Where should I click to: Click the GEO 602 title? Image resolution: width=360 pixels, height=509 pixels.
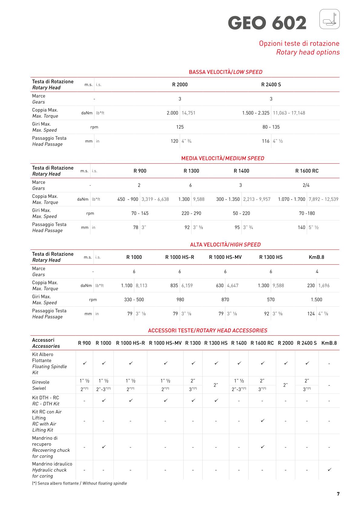(x=267, y=23)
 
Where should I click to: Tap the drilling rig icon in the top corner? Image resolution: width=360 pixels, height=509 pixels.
(x=329, y=19)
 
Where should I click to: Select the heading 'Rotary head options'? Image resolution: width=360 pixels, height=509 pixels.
(x=308, y=52)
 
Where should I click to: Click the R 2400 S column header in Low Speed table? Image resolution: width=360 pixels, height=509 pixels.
(x=271, y=85)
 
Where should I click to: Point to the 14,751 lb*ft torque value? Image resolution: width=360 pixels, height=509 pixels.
(x=188, y=113)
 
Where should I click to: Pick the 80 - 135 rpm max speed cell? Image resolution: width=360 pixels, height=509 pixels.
(x=271, y=127)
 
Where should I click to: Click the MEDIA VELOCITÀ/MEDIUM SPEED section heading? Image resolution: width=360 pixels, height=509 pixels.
(x=223, y=158)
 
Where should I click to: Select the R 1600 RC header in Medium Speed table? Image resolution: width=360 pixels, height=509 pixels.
(x=307, y=171)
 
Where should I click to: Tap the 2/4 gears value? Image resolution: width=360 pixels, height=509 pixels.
(x=306, y=185)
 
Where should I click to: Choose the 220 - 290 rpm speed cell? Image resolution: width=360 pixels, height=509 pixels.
(x=191, y=214)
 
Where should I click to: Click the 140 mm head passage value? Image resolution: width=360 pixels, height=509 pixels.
(x=301, y=227)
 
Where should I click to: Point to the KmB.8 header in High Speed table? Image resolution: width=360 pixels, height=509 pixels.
(x=316, y=257)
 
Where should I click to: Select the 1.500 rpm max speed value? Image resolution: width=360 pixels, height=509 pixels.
(x=316, y=300)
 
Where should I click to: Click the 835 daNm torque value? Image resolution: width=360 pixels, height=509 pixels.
(x=174, y=285)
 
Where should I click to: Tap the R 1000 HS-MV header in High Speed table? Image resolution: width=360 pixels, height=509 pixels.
(x=225, y=257)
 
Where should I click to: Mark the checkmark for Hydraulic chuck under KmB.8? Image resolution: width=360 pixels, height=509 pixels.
(x=329, y=470)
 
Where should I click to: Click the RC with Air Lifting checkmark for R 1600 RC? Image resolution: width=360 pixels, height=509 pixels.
(x=263, y=421)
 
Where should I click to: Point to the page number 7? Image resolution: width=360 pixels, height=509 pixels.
(x=338, y=494)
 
